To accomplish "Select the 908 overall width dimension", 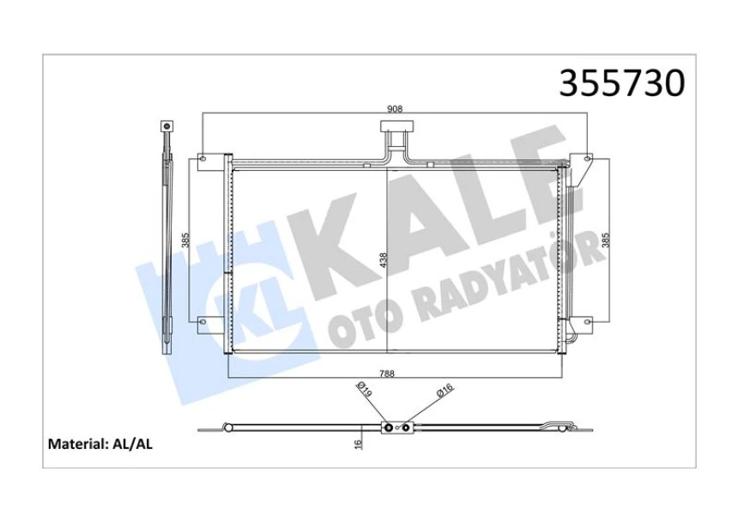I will click(x=395, y=109).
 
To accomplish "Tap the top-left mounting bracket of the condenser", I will click(x=203, y=160).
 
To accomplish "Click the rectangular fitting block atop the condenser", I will click(x=395, y=132).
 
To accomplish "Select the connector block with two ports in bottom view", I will click(x=396, y=427).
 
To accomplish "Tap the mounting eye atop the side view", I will click(x=166, y=127).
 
